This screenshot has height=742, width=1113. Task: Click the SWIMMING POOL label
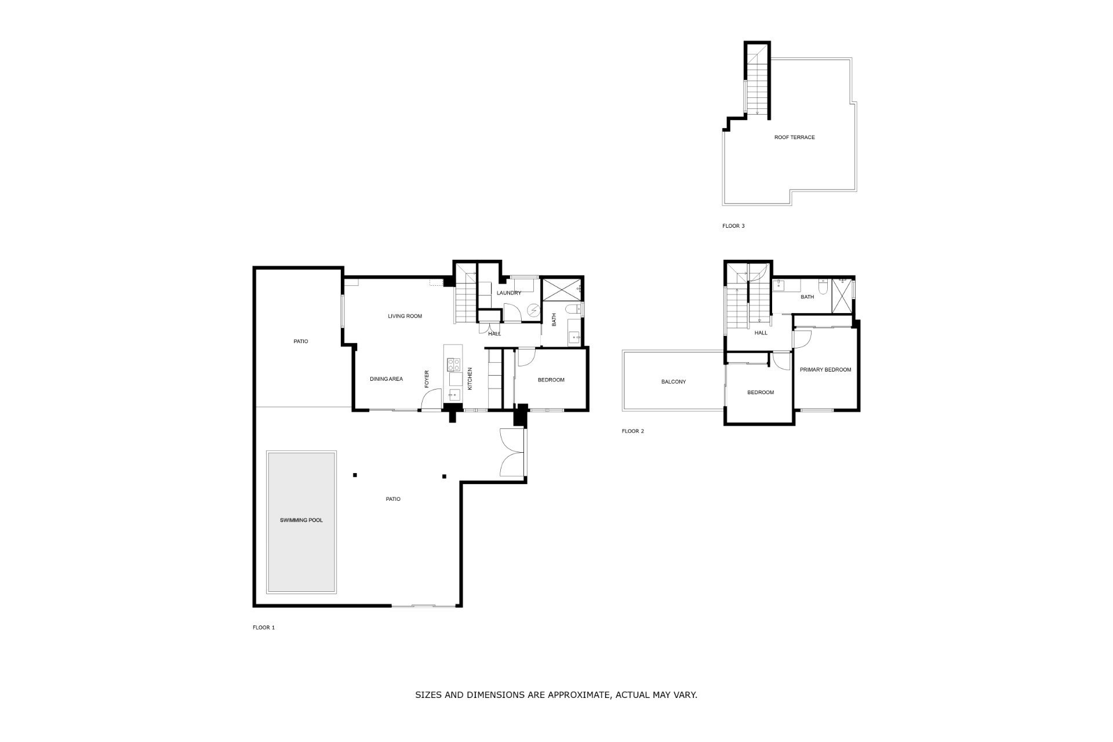point(301,520)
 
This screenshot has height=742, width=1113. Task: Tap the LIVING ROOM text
point(405,316)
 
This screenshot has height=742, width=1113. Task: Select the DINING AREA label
point(386,379)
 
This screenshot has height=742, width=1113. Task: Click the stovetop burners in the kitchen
point(453,365)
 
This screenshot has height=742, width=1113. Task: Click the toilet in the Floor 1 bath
point(574,309)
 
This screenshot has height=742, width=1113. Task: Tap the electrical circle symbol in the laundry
point(533,311)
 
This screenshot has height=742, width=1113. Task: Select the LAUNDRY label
point(508,293)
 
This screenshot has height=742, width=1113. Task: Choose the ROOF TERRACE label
point(794,137)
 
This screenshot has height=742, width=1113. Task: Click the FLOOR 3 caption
point(733,226)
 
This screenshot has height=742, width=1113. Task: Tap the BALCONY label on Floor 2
point(674,381)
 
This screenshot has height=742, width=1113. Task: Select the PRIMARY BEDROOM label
point(825,369)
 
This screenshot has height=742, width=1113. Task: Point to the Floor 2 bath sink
point(780,284)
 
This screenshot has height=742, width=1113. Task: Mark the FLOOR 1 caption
point(264,627)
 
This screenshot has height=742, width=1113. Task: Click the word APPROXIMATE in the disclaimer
point(574,694)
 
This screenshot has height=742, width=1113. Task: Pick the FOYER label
point(427,379)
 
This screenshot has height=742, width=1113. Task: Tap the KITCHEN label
point(470,379)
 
